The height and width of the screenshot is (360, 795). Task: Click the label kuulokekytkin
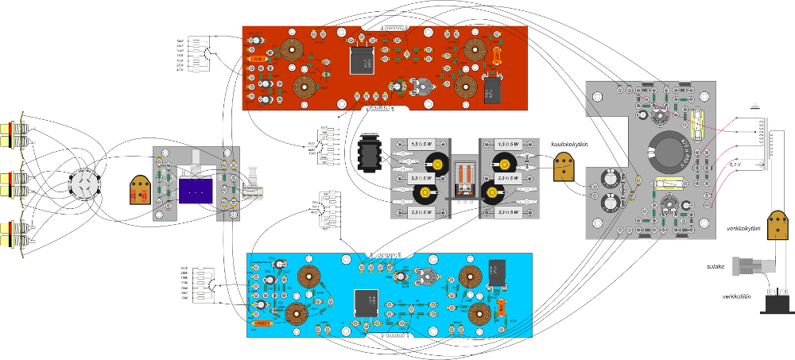click(x=568, y=144)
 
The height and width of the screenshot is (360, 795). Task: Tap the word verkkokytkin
click(x=743, y=229)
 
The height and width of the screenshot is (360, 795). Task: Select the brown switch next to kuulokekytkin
click(x=564, y=167)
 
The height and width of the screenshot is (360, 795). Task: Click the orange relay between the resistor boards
click(x=465, y=176)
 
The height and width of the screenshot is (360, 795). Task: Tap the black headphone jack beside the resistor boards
click(x=370, y=151)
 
